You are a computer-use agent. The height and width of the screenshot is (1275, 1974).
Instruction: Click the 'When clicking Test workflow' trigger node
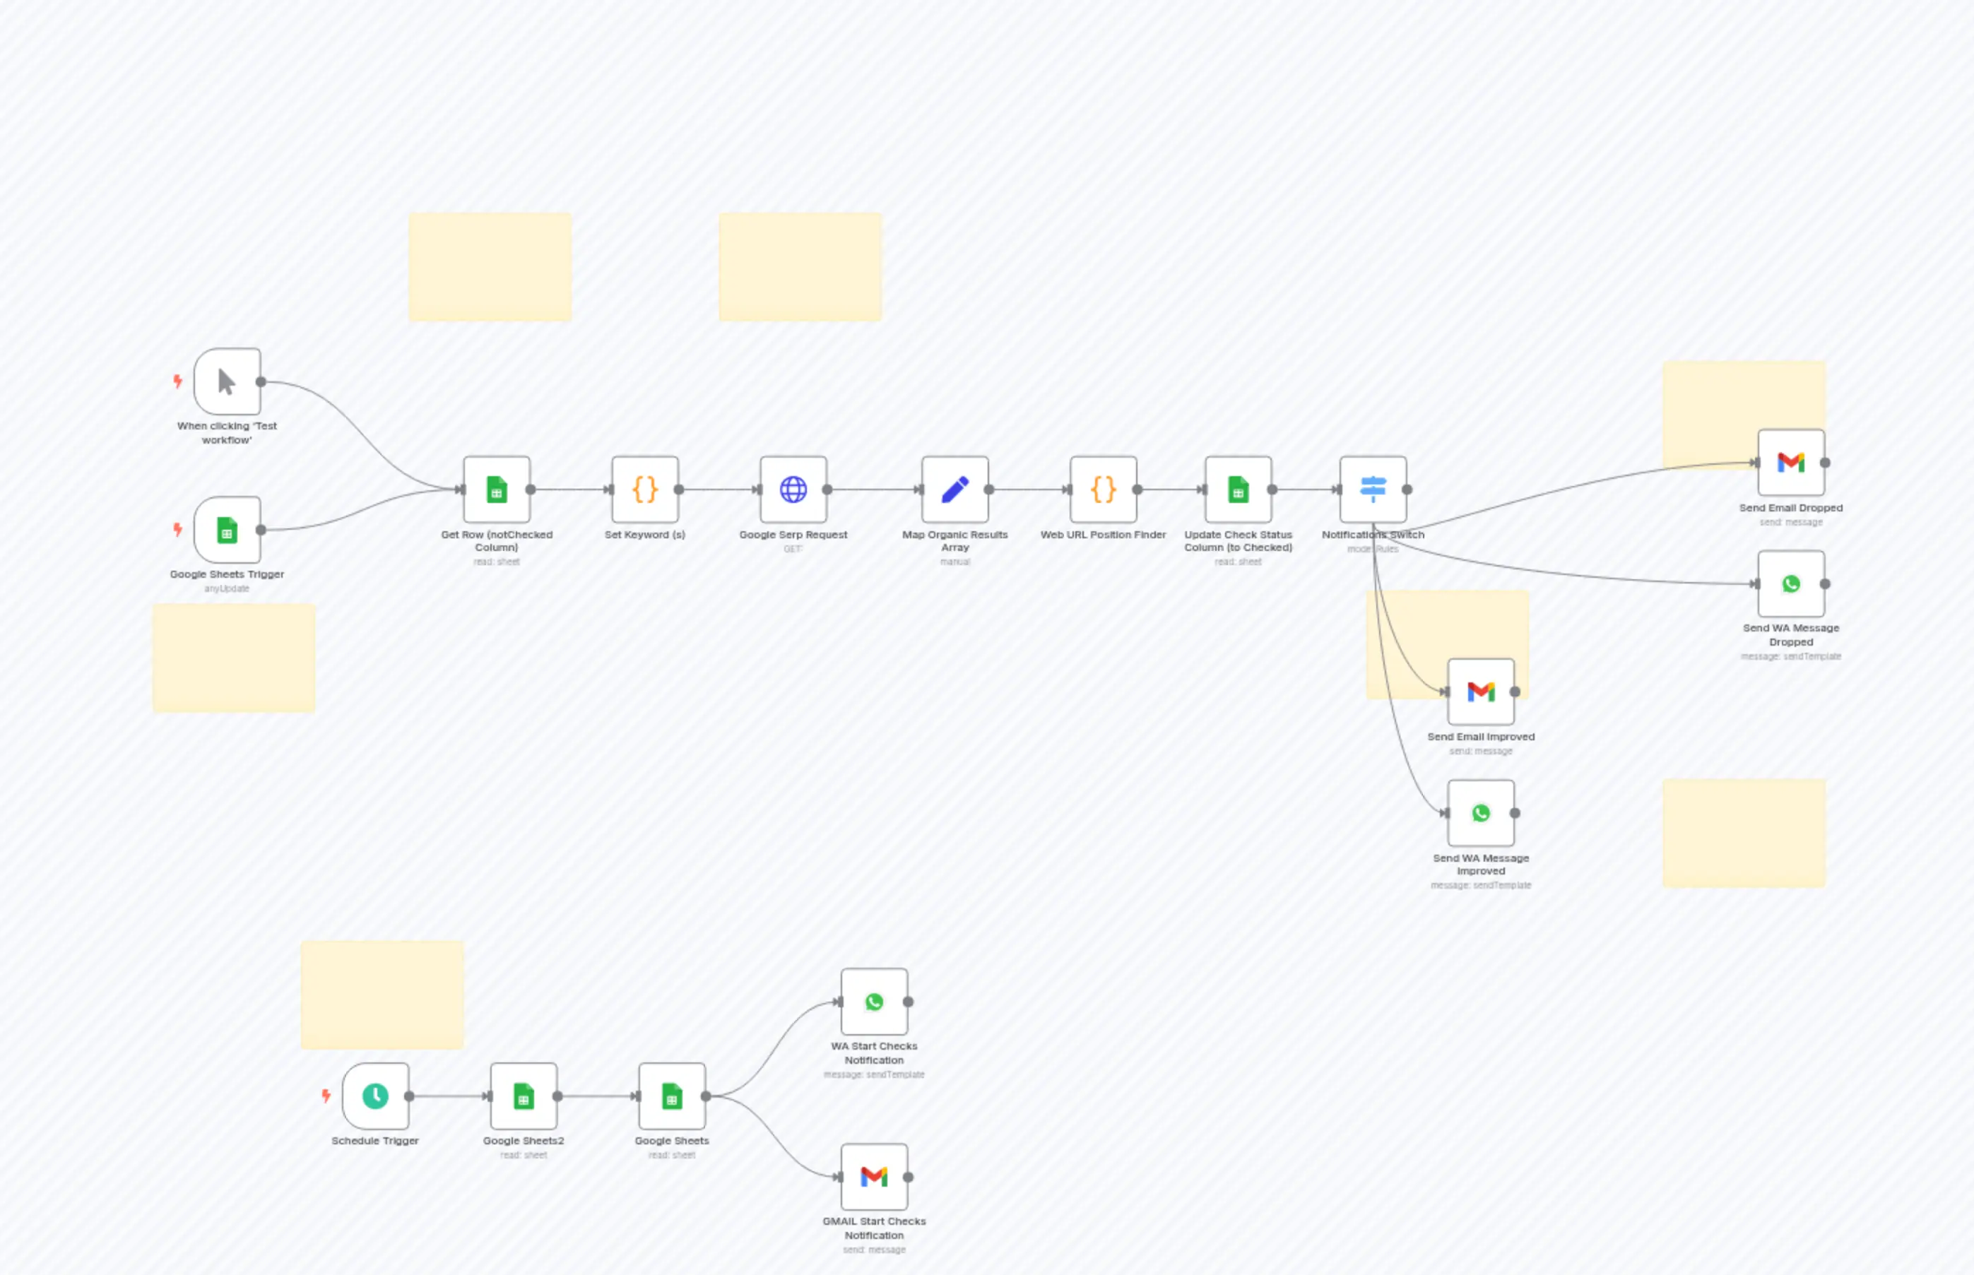pos(227,381)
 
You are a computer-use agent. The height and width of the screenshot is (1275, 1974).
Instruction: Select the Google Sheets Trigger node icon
pos(227,530)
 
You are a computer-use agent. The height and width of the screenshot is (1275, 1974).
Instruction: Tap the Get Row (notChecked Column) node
pos(496,490)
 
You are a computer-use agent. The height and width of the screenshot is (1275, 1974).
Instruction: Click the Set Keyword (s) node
pos(645,490)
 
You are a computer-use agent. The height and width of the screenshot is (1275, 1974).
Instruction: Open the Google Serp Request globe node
pos(793,490)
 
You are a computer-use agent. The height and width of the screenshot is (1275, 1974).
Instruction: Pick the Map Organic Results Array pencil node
pos(955,490)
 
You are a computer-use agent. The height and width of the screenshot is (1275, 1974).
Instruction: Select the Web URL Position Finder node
pos(1103,490)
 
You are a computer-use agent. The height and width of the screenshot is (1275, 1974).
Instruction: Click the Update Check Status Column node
pos(1238,490)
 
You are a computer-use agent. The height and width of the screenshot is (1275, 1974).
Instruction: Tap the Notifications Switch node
pos(1373,490)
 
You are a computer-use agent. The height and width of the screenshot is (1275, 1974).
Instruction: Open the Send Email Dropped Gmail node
pos(1791,462)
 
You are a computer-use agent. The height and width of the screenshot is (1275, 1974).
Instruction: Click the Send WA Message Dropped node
pos(1791,583)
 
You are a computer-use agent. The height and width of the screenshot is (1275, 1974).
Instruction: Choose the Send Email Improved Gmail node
pos(1481,692)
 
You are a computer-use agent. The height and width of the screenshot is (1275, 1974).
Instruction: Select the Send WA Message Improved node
pos(1481,813)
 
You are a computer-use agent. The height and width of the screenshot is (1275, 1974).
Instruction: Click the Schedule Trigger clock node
pos(375,1096)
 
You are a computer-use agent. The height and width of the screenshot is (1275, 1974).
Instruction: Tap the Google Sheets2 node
pos(524,1096)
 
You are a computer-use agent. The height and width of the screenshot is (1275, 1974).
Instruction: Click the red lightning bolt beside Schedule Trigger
pos(326,1096)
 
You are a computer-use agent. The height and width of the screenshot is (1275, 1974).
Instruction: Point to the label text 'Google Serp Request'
pos(793,535)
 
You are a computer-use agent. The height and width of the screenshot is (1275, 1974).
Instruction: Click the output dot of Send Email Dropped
pos(1825,463)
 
